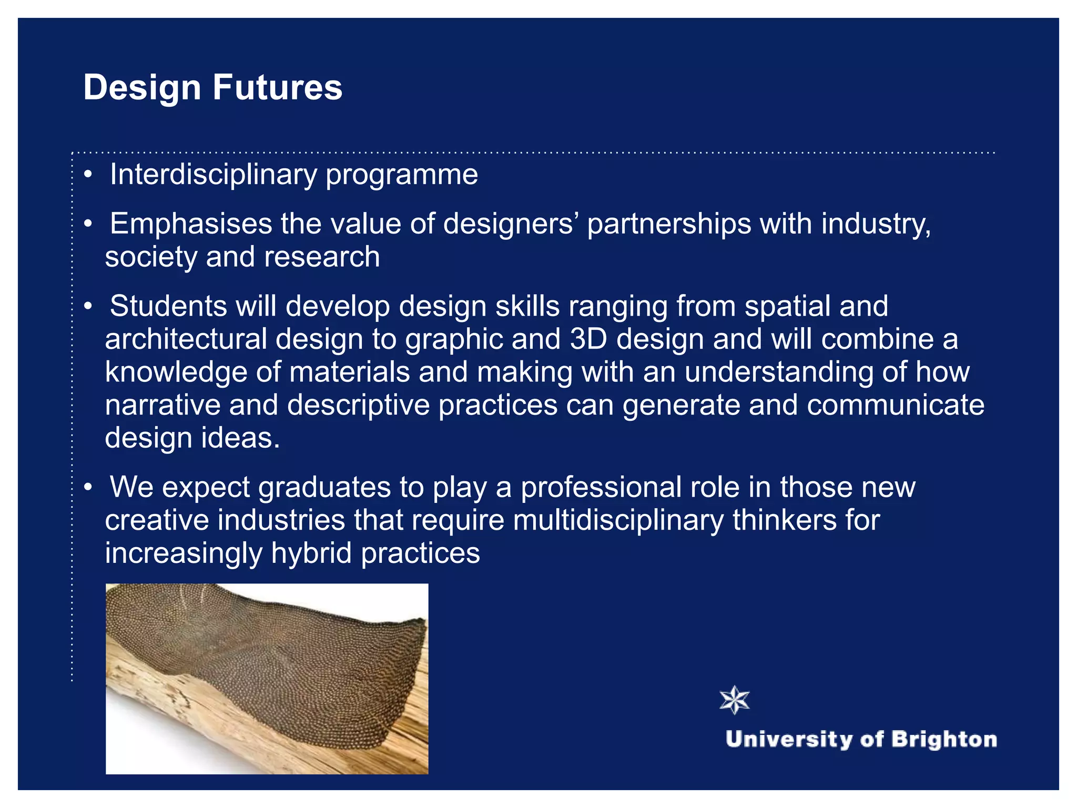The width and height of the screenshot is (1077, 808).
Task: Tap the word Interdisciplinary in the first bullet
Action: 213,175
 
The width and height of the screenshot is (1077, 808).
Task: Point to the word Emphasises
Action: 191,224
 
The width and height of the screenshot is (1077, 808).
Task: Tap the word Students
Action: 168,306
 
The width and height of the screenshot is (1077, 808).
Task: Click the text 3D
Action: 588,339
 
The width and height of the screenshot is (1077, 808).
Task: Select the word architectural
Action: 186,339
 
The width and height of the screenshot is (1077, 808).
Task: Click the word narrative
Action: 162,405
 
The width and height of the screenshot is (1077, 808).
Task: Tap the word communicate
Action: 895,405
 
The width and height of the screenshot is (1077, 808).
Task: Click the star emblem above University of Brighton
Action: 734,700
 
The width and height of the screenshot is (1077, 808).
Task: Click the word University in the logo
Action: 789,740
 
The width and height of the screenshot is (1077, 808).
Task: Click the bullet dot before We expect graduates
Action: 88,487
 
